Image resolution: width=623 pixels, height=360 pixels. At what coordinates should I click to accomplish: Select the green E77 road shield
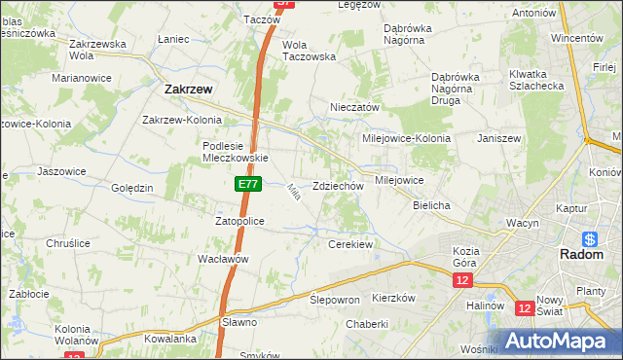pos(246,182)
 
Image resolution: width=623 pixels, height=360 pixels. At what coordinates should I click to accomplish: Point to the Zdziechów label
pos(338,186)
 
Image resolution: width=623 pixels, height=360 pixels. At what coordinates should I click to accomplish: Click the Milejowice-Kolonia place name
pos(406,138)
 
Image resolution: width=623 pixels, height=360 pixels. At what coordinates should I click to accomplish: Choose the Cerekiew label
pos(351,244)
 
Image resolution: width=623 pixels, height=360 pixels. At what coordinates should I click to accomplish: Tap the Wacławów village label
pos(224,259)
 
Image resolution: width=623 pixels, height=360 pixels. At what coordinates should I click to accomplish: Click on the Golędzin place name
pos(132,188)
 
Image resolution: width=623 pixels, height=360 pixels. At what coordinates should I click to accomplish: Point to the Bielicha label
pos(430,206)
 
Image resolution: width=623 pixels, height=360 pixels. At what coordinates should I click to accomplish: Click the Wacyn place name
pos(523,223)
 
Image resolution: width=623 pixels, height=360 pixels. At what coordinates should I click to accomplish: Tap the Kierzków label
pos(394,298)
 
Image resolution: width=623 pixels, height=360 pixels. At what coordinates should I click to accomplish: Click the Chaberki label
pos(367,324)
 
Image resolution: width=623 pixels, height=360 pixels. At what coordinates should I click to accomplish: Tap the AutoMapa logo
pos(555,342)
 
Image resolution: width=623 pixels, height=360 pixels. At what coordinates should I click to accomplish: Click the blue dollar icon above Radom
pos(589,238)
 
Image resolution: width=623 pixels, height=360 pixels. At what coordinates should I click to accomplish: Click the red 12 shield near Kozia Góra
pos(461,280)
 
